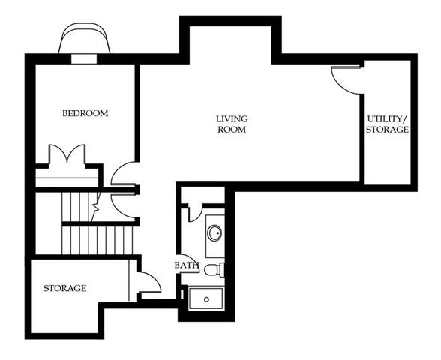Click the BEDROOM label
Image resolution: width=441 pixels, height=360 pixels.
tap(85, 114)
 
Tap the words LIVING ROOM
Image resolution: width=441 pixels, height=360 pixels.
tap(232, 124)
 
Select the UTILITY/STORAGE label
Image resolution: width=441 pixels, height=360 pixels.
tap(387, 124)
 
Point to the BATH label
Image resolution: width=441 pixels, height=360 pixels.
tap(186, 265)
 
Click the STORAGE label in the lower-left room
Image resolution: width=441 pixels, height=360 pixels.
tap(64, 288)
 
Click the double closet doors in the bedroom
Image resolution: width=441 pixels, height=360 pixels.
tap(67, 156)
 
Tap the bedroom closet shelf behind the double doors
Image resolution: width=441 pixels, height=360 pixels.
tap(67, 178)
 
